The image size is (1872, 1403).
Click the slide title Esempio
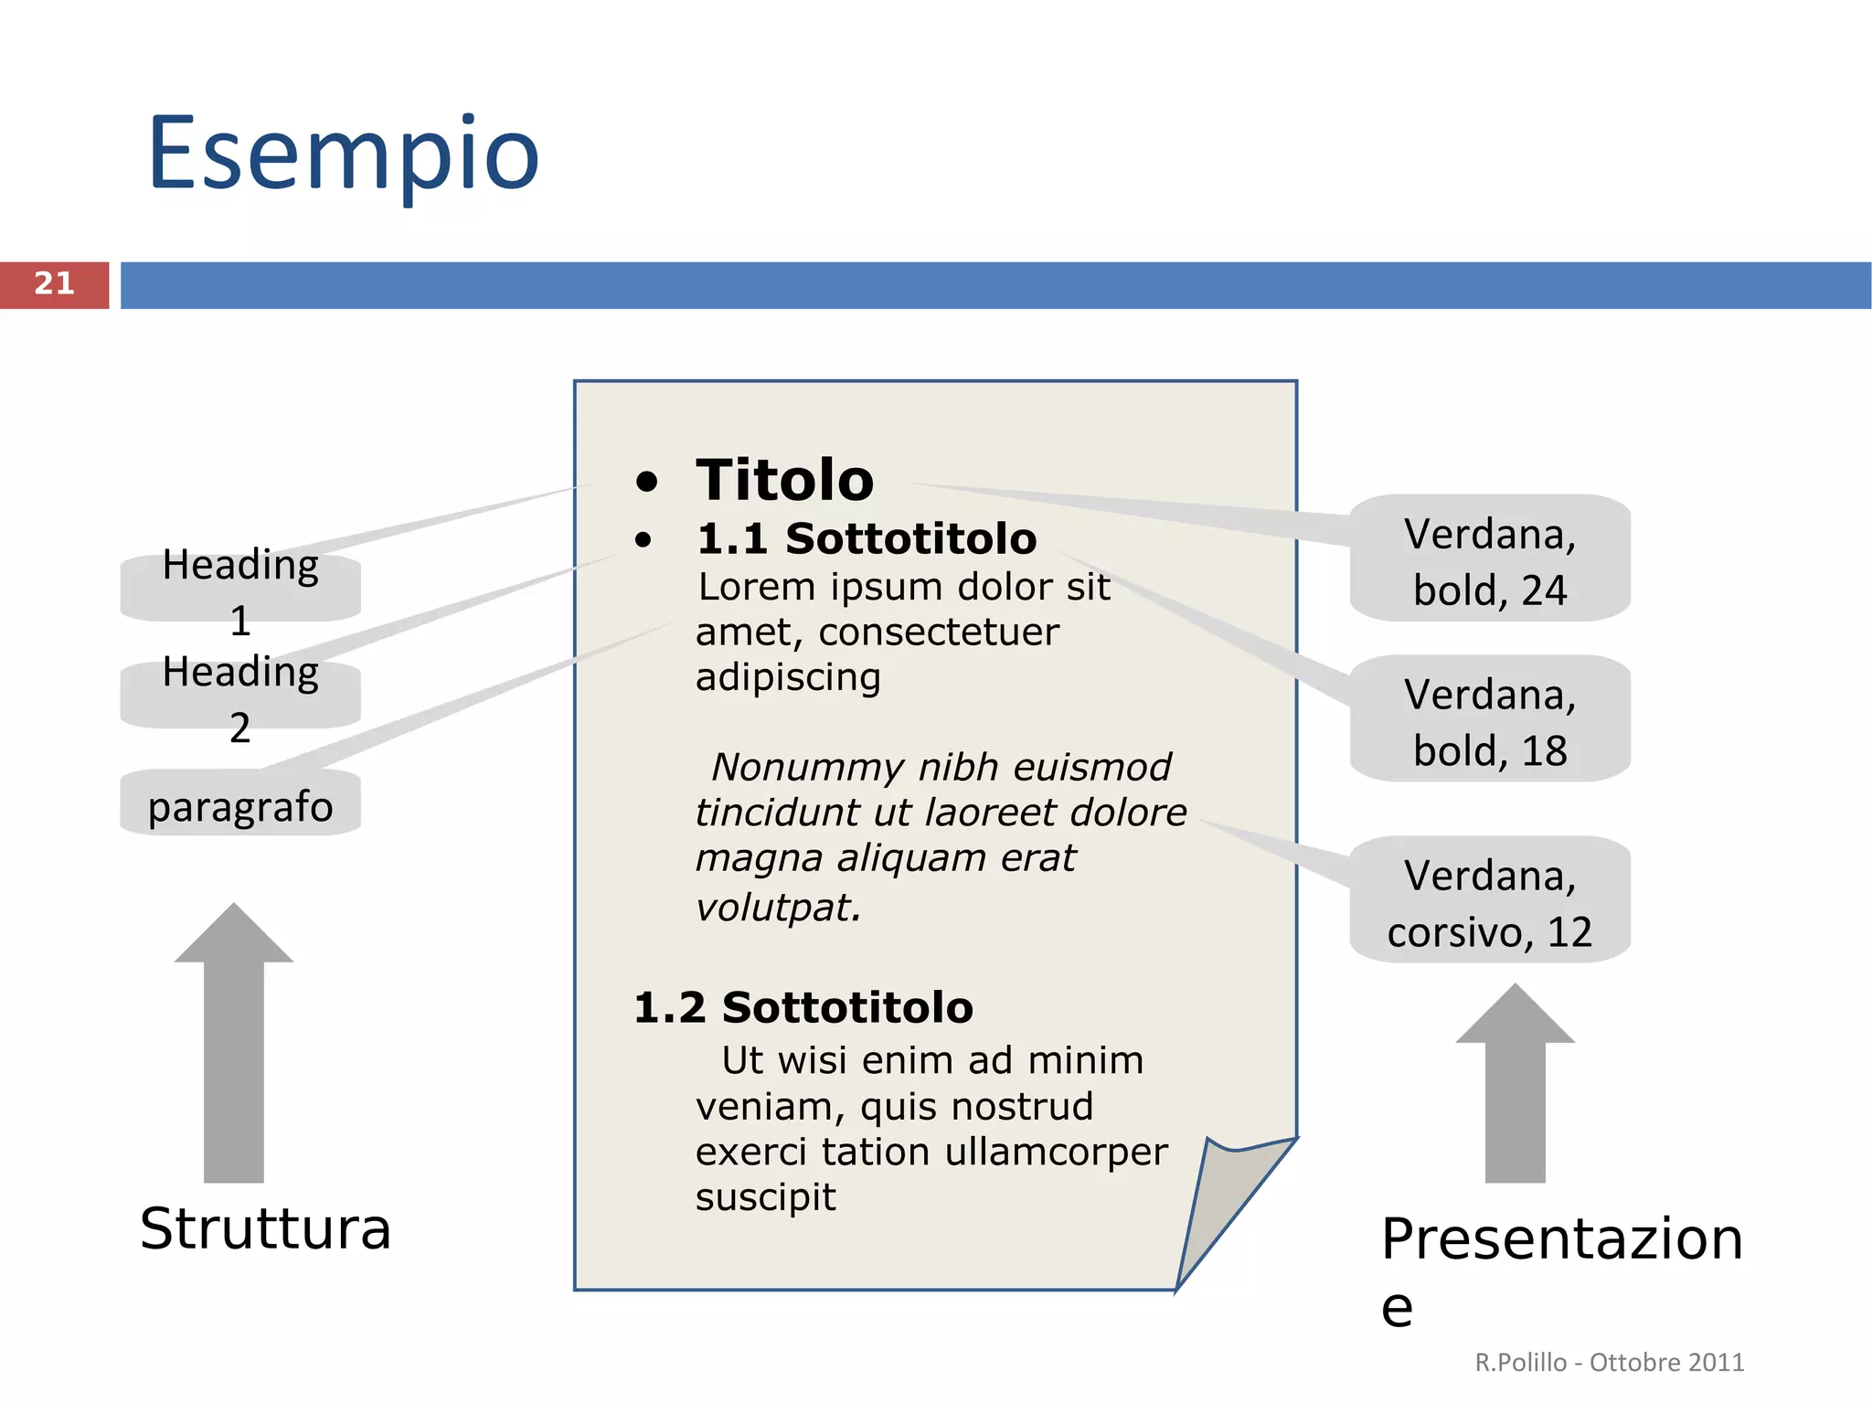(344, 154)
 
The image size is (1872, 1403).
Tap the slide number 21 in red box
(54, 284)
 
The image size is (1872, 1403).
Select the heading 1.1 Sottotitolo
(866, 538)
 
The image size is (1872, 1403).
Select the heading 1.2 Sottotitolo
(803, 1007)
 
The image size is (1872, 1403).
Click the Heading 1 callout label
(240, 590)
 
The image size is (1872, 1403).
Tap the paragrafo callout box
(240, 805)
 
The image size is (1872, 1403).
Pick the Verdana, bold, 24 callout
(1490, 560)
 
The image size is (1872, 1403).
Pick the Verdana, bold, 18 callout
(1490, 720)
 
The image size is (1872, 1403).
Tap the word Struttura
(265, 1228)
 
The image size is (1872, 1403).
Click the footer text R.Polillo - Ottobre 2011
(1609, 1362)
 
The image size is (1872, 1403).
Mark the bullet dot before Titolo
(646, 482)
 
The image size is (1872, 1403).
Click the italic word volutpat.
(778, 908)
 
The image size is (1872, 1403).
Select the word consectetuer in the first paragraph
(938, 632)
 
